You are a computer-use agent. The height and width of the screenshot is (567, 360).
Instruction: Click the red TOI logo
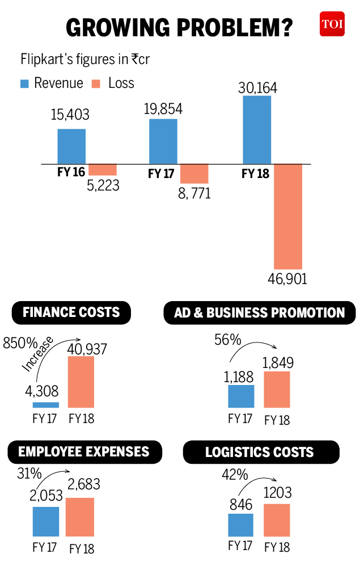pos(332,24)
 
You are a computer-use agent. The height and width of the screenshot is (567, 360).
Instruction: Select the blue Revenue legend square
pos(24,84)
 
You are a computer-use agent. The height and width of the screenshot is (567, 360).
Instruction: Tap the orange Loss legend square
pos(96,84)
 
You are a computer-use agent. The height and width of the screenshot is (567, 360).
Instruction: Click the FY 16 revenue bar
pos(71,146)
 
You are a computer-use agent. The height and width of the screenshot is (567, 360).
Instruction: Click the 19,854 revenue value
pos(163,109)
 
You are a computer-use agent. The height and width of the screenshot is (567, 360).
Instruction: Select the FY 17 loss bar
pos(194,174)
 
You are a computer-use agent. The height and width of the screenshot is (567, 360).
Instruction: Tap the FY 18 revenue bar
pos(257,130)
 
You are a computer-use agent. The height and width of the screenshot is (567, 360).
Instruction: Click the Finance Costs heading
pos(71,312)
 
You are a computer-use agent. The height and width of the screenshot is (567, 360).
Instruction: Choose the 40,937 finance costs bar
pos(81,382)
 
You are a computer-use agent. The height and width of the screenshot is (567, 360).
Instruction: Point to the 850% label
pos(20,343)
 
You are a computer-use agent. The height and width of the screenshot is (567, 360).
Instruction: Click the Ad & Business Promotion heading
pos(260,313)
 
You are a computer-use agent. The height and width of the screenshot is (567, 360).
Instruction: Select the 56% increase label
pos(227,340)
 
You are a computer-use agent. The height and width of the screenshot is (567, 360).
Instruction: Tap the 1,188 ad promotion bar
pos(241,396)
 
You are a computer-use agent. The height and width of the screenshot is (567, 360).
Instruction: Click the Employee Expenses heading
pos(84,452)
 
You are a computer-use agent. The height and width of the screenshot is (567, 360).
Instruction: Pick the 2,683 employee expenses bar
pos(80,517)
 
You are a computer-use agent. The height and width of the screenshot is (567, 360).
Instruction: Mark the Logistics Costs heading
pos(260,452)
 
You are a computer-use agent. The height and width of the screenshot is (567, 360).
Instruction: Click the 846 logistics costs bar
pos(241,525)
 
